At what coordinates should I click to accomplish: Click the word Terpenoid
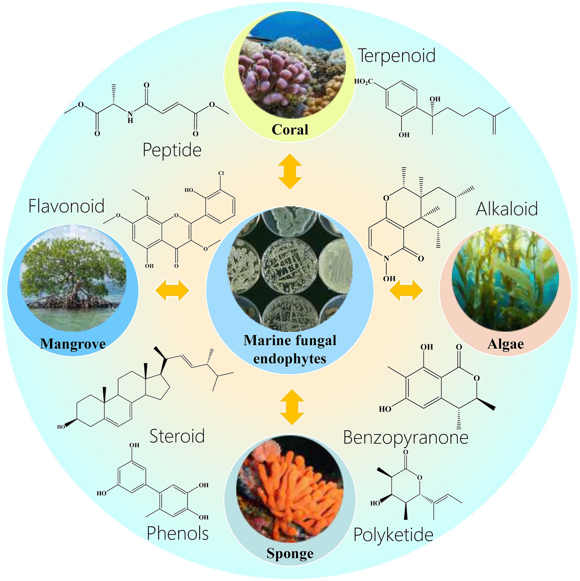(396, 56)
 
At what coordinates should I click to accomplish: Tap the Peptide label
(172, 150)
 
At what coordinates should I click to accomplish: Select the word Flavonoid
(66, 206)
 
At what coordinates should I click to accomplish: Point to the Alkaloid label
(507, 209)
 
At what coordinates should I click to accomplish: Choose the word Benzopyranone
(406, 438)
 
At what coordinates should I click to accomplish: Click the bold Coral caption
(290, 130)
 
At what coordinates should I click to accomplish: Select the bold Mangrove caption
(73, 344)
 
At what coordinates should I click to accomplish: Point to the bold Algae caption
(505, 344)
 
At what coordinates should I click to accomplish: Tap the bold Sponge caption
(290, 553)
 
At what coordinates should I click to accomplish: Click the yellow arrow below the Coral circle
(290, 171)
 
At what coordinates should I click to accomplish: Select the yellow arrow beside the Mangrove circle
(172, 290)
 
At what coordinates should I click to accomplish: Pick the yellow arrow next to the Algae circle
(406, 290)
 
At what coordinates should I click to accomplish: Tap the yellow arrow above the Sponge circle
(292, 407)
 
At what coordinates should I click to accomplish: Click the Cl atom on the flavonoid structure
(221, 173)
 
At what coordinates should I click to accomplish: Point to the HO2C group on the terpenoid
(363, 81)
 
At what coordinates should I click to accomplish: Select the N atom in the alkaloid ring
(386, 259)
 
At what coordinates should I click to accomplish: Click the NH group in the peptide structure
(130, 117)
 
